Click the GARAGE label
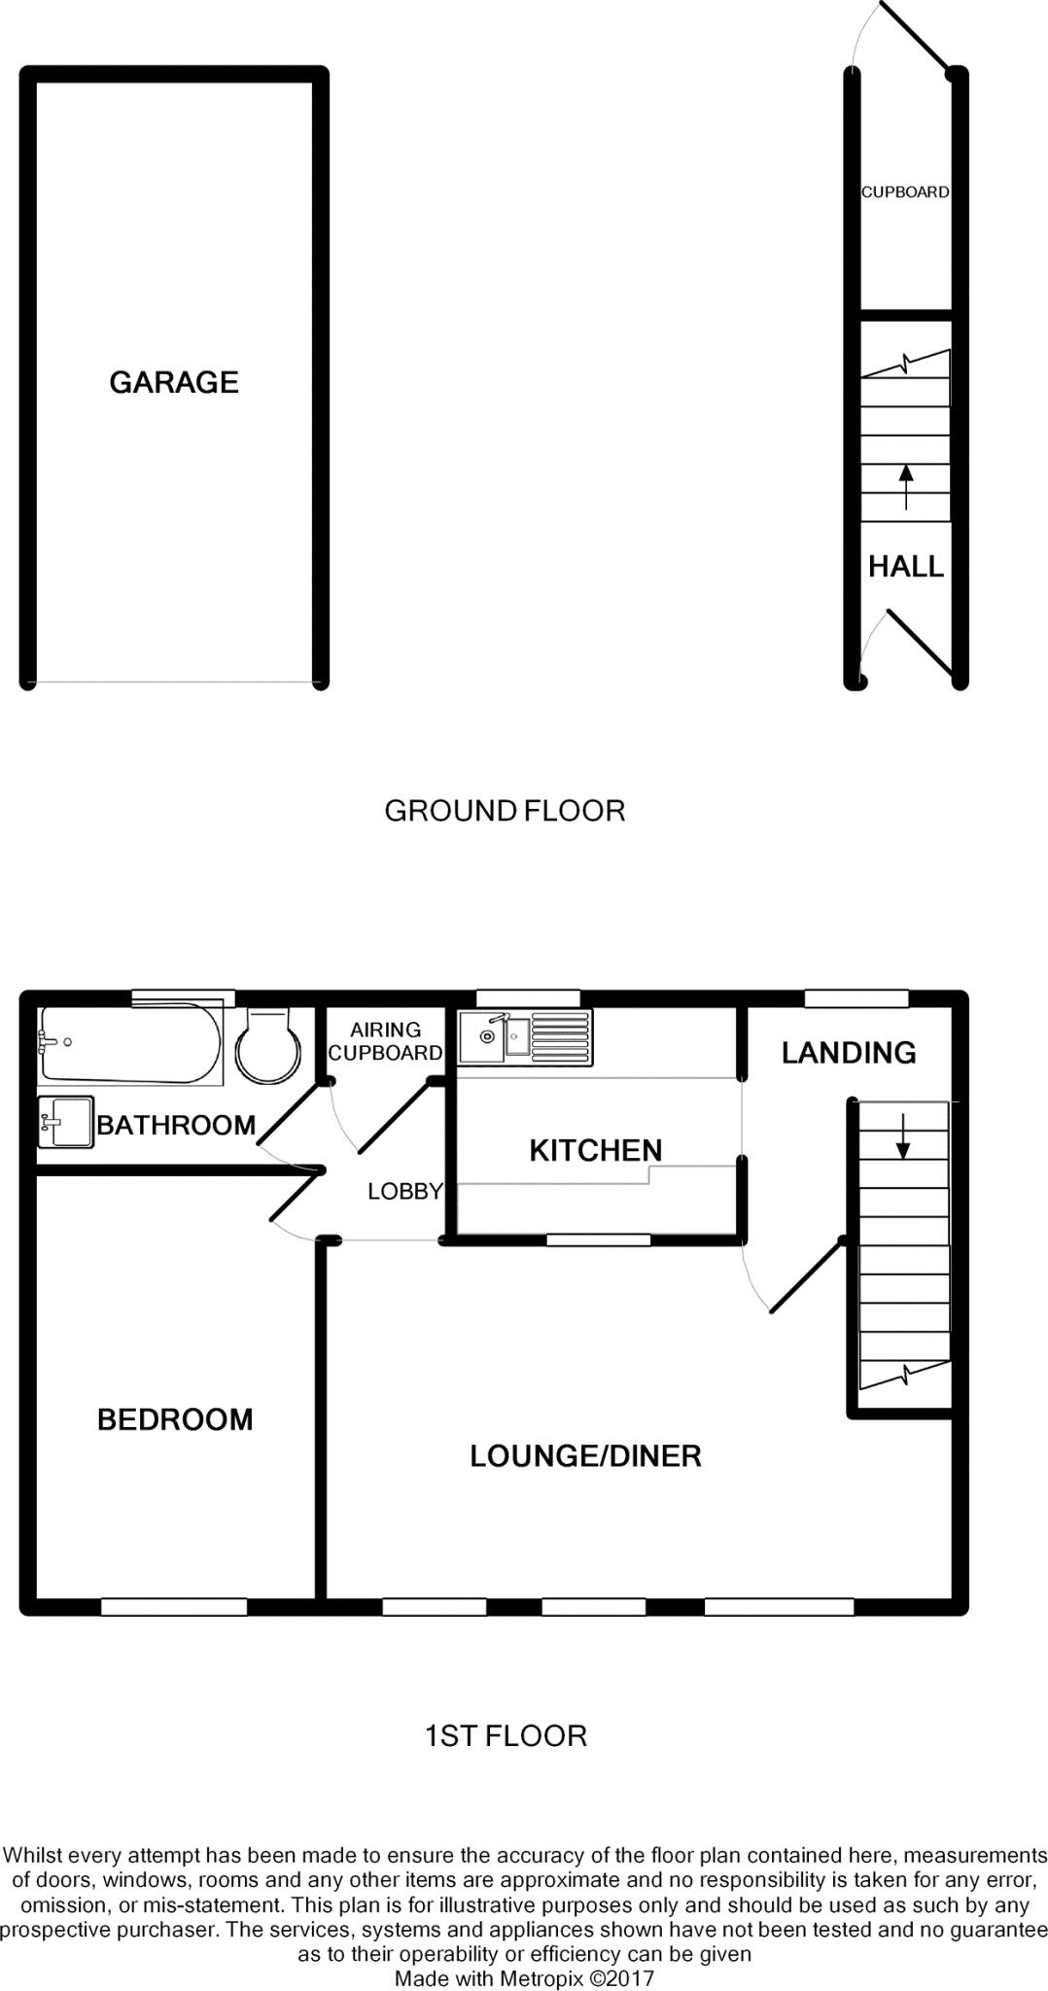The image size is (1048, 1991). click(174, 382)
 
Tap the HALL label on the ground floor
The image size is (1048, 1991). click(906, 566)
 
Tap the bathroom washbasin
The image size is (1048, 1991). click(64, 1123)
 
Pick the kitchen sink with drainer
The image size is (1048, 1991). click(526, 1036)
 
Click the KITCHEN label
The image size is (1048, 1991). click(595, 1150)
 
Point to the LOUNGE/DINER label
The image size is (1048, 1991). click(585, 1455)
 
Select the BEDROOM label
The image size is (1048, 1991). click(175, 1419)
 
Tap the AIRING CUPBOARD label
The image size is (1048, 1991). click(386, 1040)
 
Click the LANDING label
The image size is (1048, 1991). click(849, 1052)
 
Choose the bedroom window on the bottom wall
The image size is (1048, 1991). click(174, 1607)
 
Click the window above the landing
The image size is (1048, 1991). click(856, 998)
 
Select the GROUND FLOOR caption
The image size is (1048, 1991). click(505, 810)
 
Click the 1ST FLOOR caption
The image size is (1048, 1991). click(506, 1735)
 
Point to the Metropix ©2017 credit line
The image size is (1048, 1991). click(524, 1978)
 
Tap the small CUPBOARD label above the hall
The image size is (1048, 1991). click(905, 192)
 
